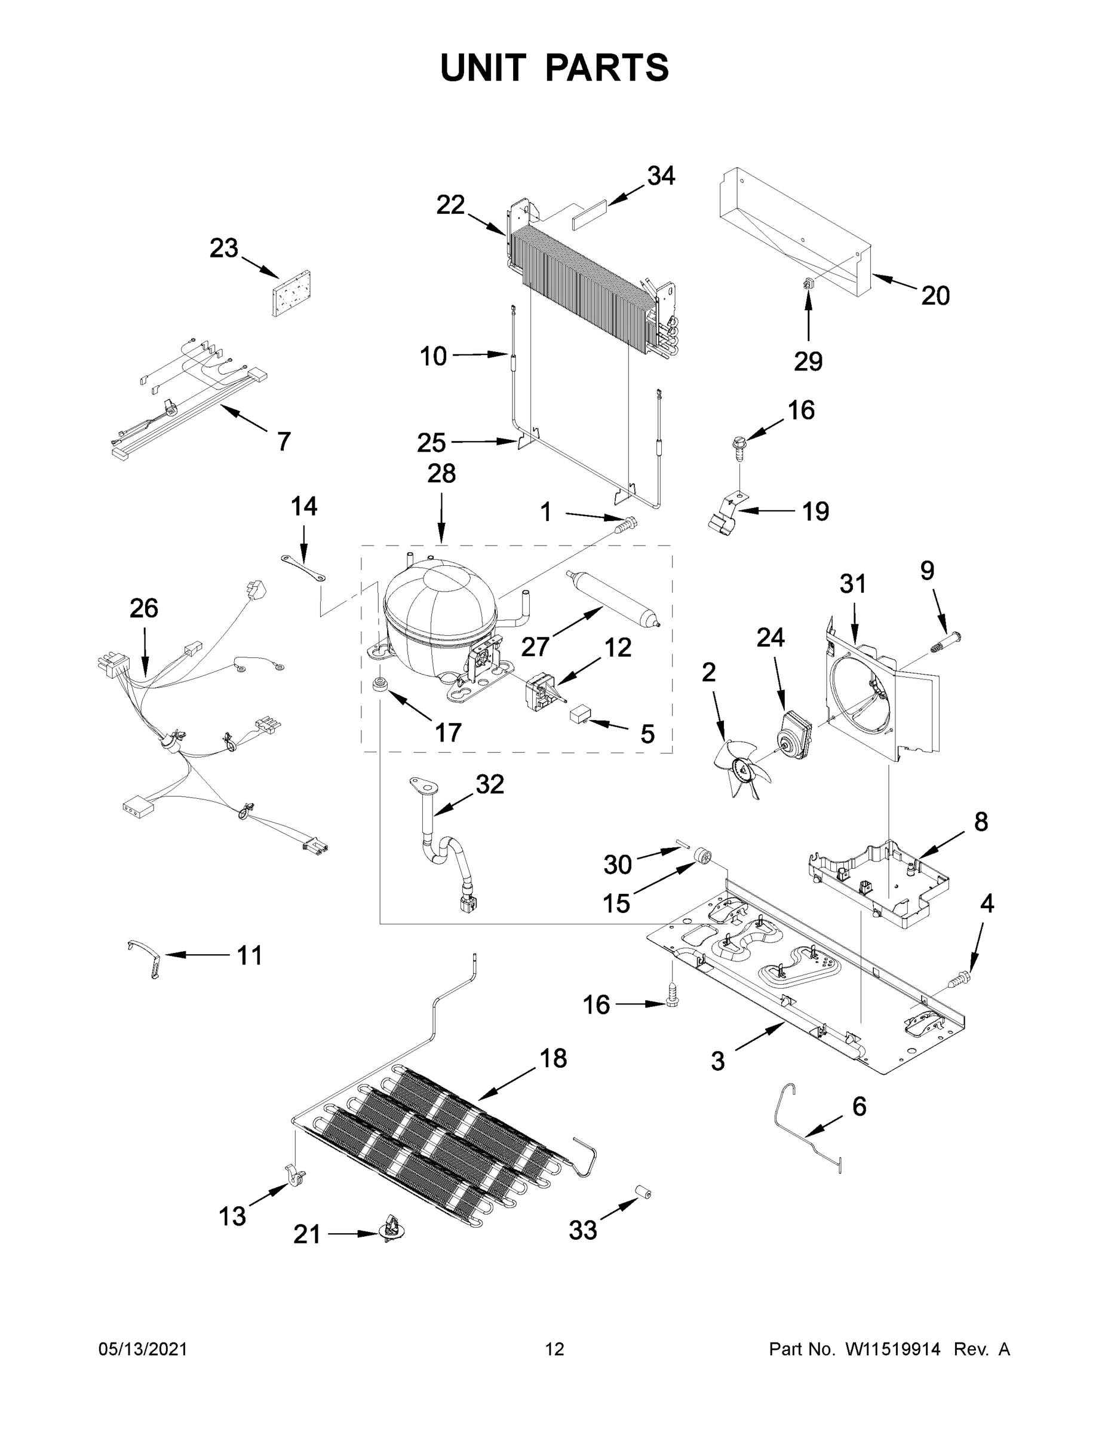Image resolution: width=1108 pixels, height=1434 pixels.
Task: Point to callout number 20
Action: [x=935, y=296]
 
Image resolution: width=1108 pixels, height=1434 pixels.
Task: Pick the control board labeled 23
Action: [x=291, y=293]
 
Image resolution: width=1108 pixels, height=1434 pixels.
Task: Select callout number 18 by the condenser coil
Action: [x=553, y=1058]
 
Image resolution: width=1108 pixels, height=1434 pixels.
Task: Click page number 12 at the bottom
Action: [x=554, y=1349]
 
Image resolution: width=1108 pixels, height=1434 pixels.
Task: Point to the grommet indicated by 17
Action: [x=379, y=686]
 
